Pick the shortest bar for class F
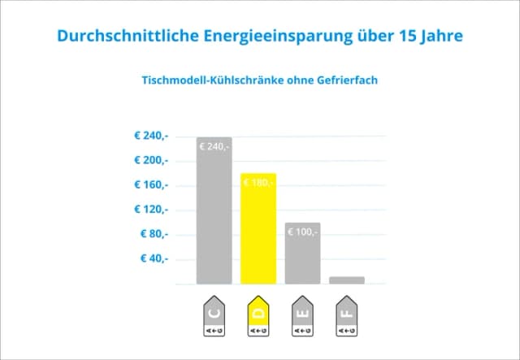pos(347,280)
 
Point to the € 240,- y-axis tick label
pos(151,136)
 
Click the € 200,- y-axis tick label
pos(151,160)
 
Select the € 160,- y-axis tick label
pos(151,184)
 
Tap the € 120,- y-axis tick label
pos(151,209)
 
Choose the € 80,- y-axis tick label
pos(154,234)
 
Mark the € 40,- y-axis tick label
pos(154,258)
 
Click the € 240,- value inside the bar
pos(214,147)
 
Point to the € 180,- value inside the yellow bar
pos(258,183)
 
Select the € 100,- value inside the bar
pos(302,232)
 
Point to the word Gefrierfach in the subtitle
pos(347,80)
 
